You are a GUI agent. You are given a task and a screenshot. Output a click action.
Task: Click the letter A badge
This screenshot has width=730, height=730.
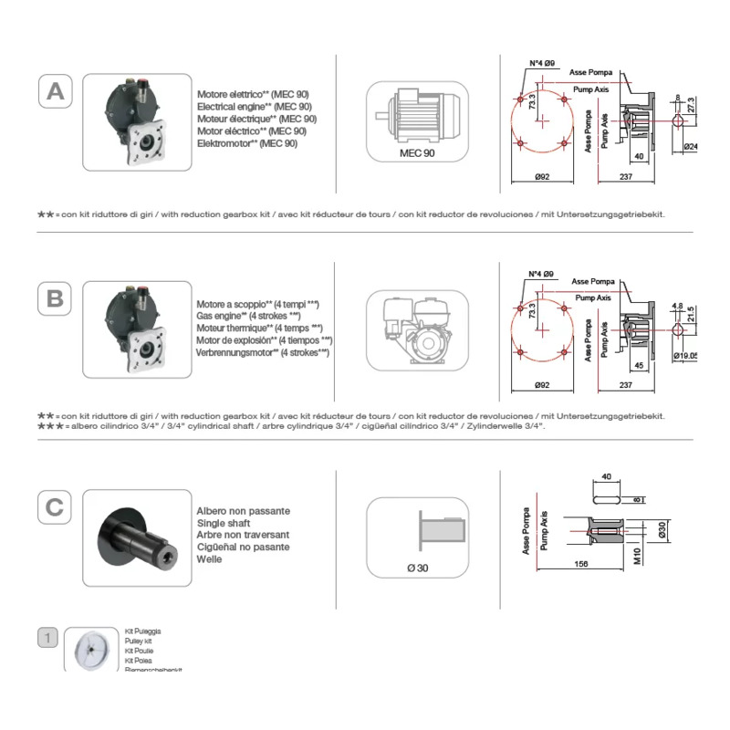(x=56, y=91)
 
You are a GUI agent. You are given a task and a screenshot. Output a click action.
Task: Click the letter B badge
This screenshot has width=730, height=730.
(x=56, y=298)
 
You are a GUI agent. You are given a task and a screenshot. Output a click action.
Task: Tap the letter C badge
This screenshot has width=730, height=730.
(x=56, y=506)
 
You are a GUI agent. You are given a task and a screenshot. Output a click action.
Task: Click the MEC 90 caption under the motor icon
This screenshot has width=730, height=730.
(x=418, y=154)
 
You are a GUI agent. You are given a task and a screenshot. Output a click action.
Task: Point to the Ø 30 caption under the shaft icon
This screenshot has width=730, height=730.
(x=418, y=568)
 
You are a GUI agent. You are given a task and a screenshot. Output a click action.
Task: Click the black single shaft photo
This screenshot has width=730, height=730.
(x=136, y=537)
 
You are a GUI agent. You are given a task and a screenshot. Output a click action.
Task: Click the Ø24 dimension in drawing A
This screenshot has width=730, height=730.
(x=691, y=146)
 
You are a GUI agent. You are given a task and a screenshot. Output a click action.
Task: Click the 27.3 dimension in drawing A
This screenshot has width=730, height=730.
(x=690, y=105)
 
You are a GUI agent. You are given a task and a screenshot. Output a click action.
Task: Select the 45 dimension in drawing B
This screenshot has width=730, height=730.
(x=638, y=365)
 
